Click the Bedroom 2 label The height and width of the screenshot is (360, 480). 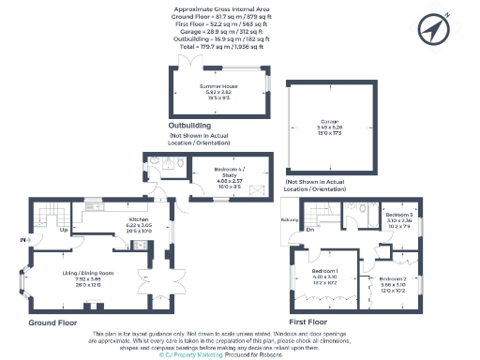393,279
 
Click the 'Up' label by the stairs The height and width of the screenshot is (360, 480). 64,230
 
